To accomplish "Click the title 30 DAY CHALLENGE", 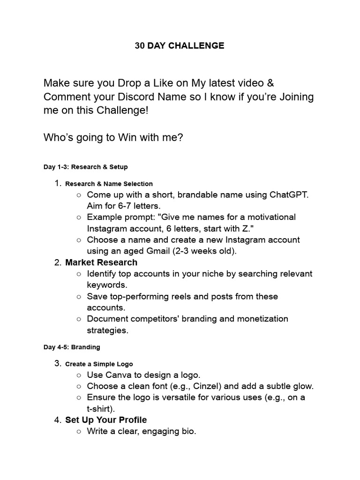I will (180, 45).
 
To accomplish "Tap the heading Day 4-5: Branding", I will (72, 347).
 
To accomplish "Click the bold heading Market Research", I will (101, 262).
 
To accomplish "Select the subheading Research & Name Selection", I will (109, 184).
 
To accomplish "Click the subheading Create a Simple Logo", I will (99, 364).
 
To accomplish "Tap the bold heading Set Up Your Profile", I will (106, 420).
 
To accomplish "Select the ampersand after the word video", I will (270, 83).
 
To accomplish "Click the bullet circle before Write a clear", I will (79, 431).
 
